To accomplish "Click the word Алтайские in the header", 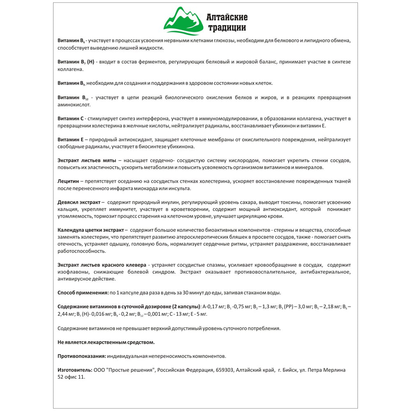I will tap(233, 17).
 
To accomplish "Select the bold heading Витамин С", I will tap(71, 118).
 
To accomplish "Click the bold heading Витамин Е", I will tap(71, 140).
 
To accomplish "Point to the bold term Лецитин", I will tap(68, 181).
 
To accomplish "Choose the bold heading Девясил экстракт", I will tap(79, 202).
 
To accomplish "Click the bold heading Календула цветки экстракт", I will tap(91, 230).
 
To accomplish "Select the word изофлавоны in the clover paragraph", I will tap(72, 272).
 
